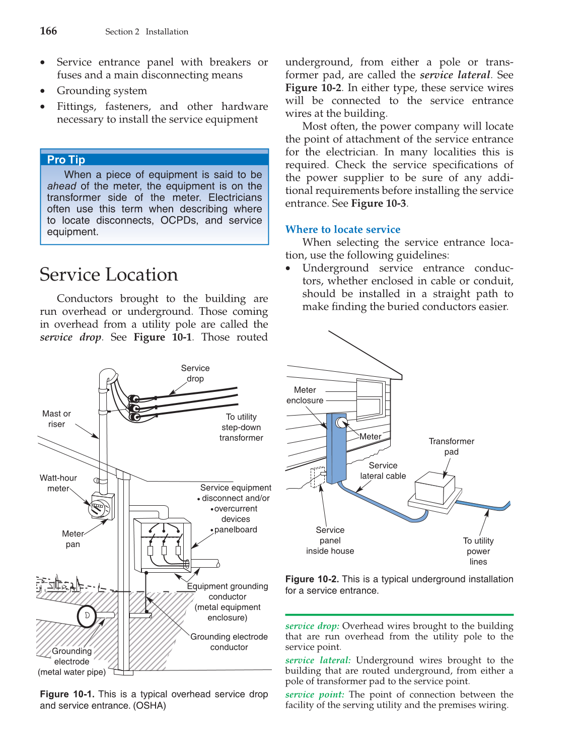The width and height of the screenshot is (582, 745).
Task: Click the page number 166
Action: (48, 31)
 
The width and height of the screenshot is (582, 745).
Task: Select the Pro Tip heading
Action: (66, 160)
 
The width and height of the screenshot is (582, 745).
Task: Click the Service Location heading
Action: (109, 275)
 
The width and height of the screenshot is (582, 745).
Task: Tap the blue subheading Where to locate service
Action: (342, 230)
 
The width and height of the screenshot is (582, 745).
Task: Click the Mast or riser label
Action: (56, 419)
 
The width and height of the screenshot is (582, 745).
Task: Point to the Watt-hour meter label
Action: (58, 483)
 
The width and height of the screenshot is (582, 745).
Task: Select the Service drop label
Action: (195, 373)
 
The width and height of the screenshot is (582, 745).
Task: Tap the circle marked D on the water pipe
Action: (87, 616)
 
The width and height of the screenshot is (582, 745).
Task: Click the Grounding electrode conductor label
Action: (229, 642)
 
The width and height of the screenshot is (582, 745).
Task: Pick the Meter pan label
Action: (73, 539)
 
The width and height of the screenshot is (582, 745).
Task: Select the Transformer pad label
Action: (451, 446)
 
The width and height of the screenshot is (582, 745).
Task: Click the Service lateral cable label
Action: (383, 470)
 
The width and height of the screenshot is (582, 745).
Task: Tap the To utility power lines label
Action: (478, 551)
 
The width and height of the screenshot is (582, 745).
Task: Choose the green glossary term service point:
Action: (315, 695)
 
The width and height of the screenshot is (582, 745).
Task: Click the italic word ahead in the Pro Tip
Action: (62, 186)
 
